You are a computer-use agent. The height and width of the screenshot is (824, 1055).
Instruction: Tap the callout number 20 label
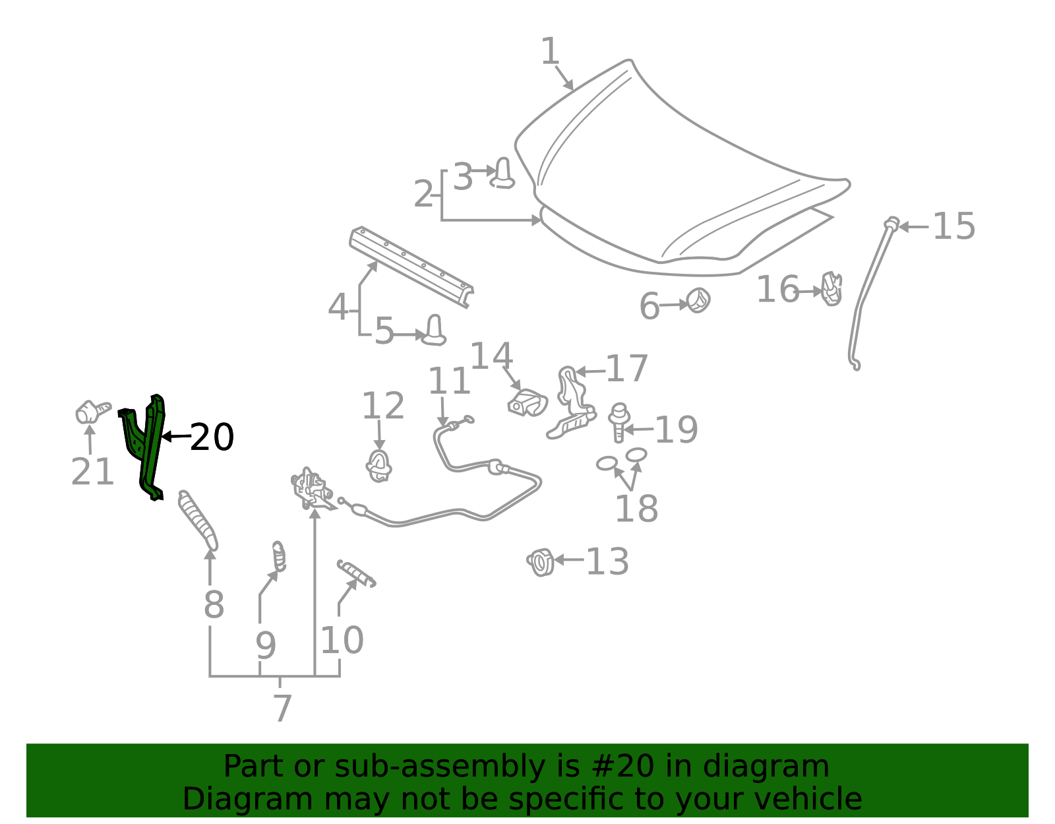click(x=212, y=437)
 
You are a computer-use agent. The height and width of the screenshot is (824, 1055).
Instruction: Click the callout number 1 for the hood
click(x=550, y=51)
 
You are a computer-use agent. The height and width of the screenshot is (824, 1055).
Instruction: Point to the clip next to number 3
click(x=502, y=174)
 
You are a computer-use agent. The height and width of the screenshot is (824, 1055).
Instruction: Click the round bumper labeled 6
click(x=699, y=300)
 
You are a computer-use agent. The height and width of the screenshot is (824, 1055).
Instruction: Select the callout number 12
click(x=383, y=406)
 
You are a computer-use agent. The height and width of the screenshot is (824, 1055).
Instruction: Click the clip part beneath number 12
click(x=378, y=466)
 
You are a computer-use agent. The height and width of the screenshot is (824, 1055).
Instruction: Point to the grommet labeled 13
click(x=541, y=562)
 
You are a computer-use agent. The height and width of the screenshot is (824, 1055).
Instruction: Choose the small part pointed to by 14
click(x=527, y=403)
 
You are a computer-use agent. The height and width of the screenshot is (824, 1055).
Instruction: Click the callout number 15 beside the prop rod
click(x=953, y=226)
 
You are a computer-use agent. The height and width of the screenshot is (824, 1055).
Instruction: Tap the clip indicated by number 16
click(x=831, y=289)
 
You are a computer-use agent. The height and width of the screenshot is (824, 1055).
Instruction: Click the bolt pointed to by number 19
click(x=618, y=422)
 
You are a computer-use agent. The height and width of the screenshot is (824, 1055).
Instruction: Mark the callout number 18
click(x=636, y=509)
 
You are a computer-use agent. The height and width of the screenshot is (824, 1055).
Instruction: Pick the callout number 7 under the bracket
click(x=283, y=707)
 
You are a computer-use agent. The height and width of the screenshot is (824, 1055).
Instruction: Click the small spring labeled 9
click(x=279, y=557)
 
